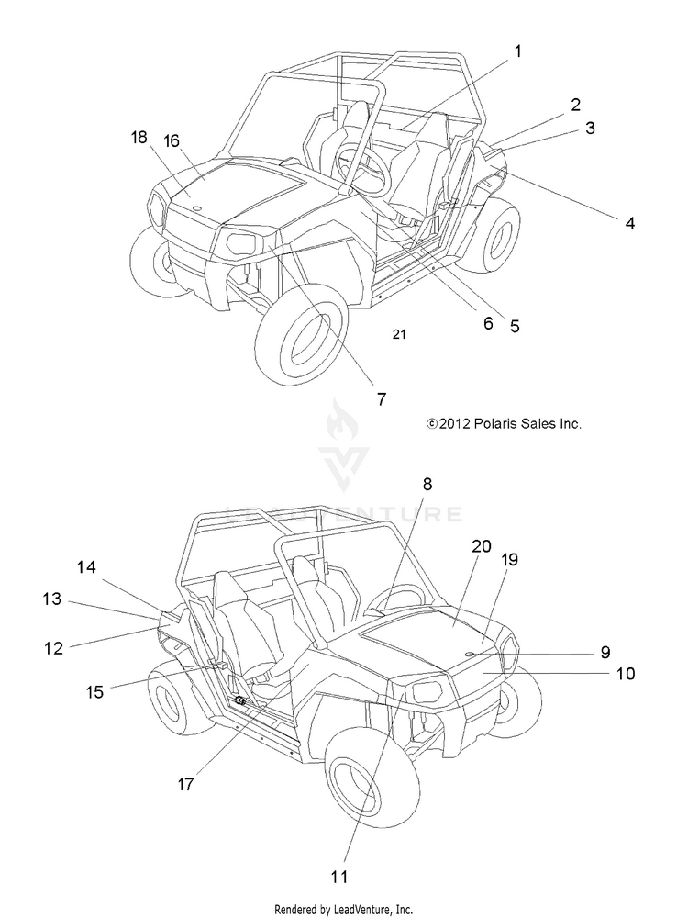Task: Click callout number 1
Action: pyautogui.click(x=517, y=51)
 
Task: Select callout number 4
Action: pyautogui.click(x=629, y=223)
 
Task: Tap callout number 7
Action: pyautogui.click(x=382, y=398)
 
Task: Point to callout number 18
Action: pyautogui.click(x=139, y=138)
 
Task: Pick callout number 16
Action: pyautogui.click(x=172, y=141)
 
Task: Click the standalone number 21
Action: pyautogui.click(x=398, y=334)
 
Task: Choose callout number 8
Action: pyautogui.click(x=427, y=484)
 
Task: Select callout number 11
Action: pyautogui.click(x=338, y=877)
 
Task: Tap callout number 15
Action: pyautogui.click(x=94, y=691)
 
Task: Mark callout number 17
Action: pyautogui.click(x=185, y=784)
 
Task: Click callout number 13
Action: pyautogui.click(x=51, y=599)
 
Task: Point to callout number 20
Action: pyautogui.click(x=482, y=546)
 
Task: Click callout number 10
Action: pyautogui.click(x=626, y=673)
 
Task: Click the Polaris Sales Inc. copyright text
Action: pyautogui.click(x=504, y=423)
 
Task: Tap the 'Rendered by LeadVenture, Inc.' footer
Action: pyautogui.click(x=343, y=909)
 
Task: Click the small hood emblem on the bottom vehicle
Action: pyautogui.click(x=470, y=654)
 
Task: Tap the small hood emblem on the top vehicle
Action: pyautogui.click(x=197, y=207)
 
